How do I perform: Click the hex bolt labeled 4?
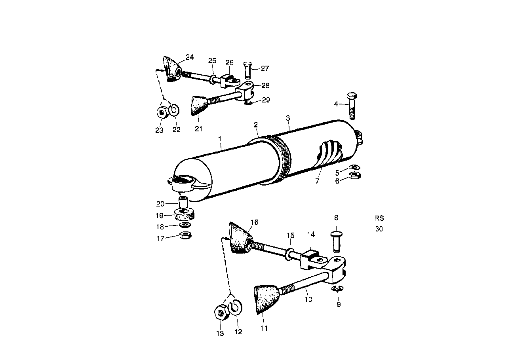click(351, 105)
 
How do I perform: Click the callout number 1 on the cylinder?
click(220, 139)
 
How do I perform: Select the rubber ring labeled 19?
click(185, 215)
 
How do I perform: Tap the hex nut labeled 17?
click(185, 235)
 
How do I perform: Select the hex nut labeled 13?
click(221, 313)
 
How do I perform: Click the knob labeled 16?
click(240, 238)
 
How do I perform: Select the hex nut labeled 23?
click(162, 113)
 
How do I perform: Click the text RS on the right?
click(379, 218)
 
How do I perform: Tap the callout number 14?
click(311, 235)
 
